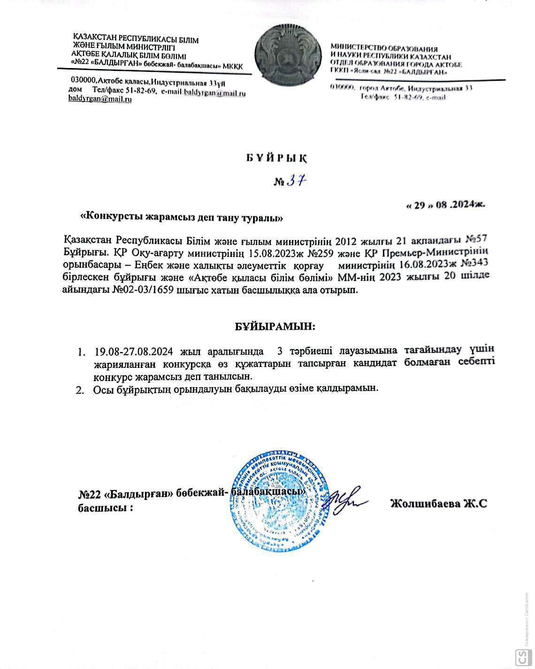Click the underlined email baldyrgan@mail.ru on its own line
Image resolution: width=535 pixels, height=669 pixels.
pos(100,100)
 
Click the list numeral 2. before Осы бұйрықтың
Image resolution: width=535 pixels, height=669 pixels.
pos(80,389)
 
